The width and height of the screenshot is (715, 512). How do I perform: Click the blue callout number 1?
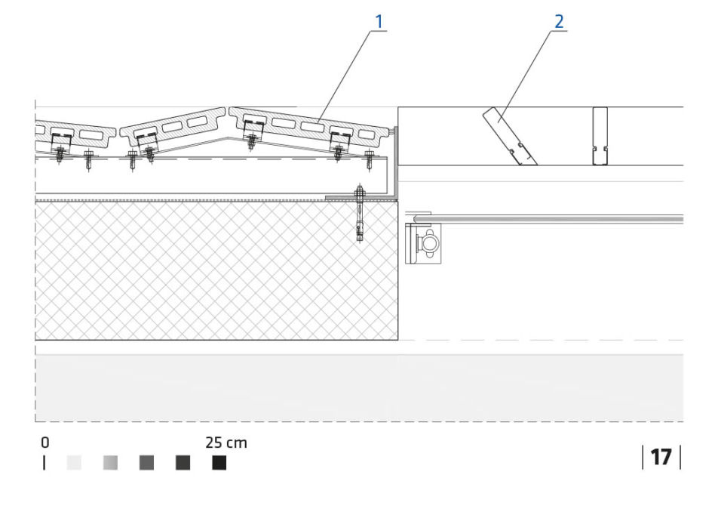pos(379,21)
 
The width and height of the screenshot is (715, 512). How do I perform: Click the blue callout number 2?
pos(559,21)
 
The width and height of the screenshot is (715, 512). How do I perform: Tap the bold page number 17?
pos(661,457)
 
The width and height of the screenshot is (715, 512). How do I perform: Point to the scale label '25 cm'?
pos(226,443)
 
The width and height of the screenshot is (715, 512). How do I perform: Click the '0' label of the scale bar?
pos(44,443)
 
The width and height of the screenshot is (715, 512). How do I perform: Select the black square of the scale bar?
pos(219,463)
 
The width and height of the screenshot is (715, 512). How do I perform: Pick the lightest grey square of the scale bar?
pos(74,463)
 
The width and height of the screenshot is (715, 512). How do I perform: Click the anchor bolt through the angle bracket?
pos(361,212)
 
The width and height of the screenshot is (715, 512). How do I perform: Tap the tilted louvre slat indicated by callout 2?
pos(510,136)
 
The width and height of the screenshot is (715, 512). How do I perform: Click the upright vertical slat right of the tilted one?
pos(600,136)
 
